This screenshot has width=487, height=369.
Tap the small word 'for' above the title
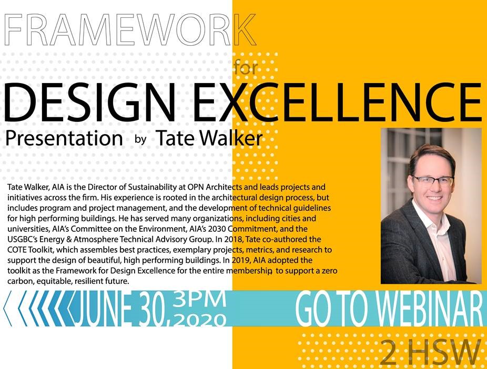tap(246, 67)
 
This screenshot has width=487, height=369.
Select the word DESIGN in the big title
tap(89, 101)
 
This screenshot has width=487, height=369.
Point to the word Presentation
tap(64, 138)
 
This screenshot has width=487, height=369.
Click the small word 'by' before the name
tap(141, 139)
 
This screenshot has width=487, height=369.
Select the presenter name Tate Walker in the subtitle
tap(209, 138)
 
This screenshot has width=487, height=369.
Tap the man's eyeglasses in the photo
tap(433, 181)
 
